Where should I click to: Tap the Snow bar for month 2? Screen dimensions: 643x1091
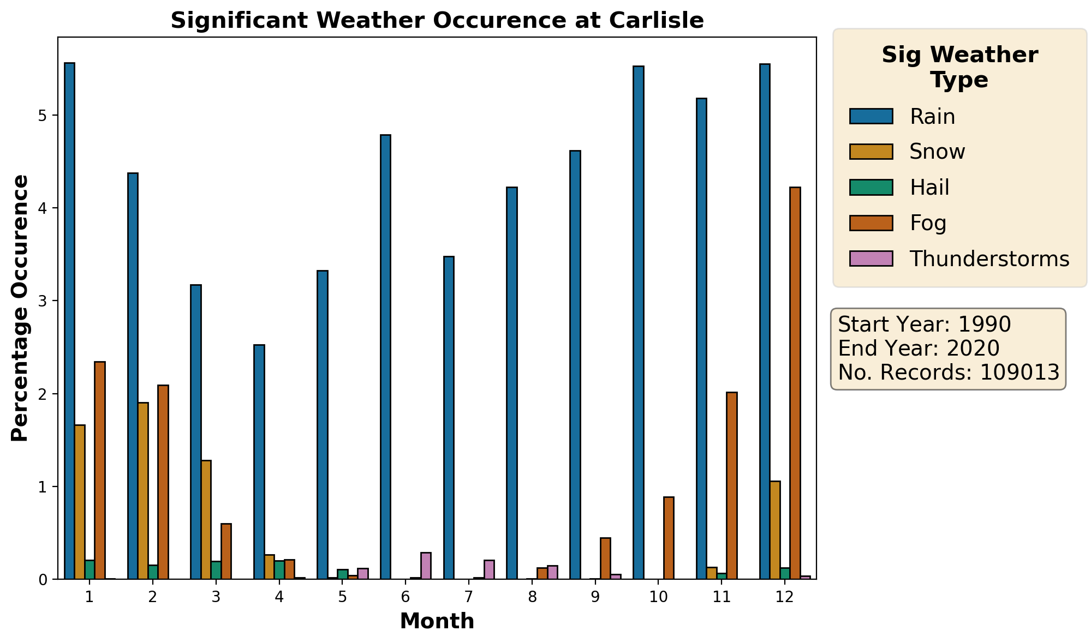143,491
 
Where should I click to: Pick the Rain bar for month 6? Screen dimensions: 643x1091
385,357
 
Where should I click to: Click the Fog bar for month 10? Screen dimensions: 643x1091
669,538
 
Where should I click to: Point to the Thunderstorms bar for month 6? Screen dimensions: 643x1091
426,566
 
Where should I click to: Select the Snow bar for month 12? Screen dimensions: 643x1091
774,530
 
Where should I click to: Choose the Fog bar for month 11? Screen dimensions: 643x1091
732,485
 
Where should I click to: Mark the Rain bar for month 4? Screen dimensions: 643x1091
259,461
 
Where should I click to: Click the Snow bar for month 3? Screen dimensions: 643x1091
206,519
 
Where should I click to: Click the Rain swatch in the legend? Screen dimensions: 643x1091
871,116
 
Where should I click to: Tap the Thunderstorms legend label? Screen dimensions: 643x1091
989,259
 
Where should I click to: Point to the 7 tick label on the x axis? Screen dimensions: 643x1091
468,597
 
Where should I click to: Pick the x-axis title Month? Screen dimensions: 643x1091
437,621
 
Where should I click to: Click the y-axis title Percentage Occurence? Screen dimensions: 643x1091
20,308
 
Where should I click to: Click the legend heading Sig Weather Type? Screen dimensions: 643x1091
959,68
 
